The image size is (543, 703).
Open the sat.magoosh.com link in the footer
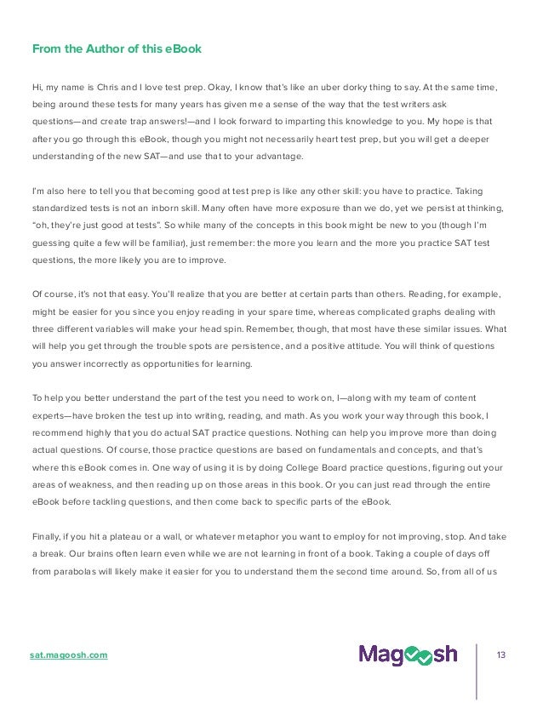(x=69, y=654)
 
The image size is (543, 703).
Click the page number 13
(x=501, y=654)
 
